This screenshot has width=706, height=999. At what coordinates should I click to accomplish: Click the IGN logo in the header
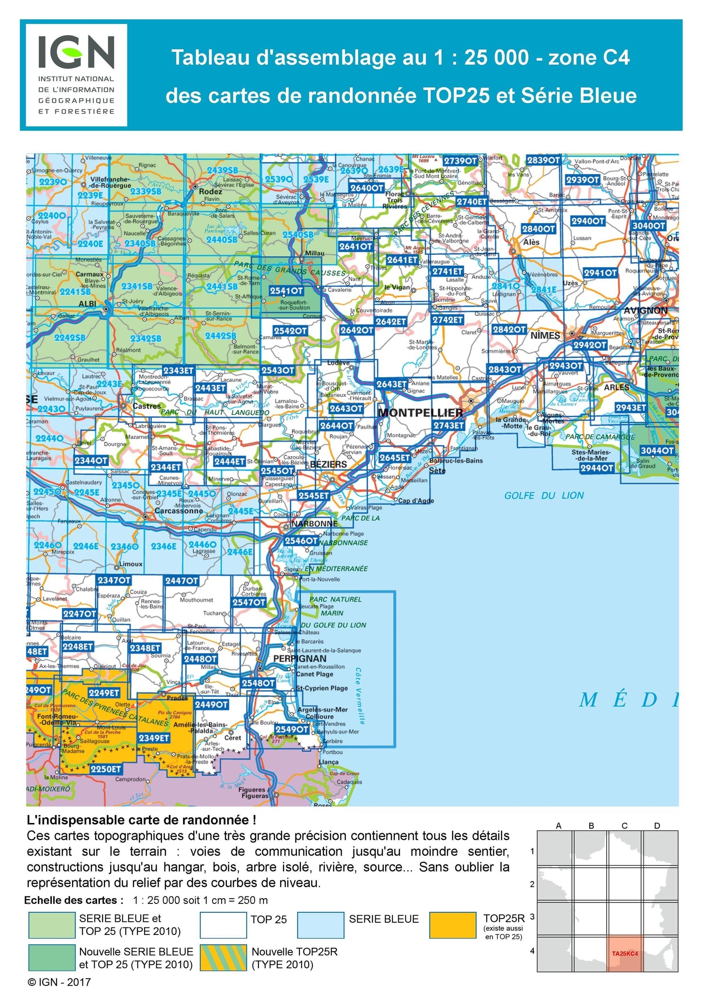coord(76,75)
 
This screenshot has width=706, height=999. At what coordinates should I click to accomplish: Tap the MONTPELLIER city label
coord(420,413)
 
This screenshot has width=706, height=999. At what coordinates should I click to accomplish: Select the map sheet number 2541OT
coord(286,291)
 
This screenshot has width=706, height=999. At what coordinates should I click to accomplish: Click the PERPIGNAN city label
coord(300,658)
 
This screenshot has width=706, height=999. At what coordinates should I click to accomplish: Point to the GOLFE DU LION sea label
coord(544,495)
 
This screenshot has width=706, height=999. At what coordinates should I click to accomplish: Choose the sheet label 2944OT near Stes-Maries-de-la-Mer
coord(596,467)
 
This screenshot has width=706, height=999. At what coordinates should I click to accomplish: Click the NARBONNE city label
coord(314,524)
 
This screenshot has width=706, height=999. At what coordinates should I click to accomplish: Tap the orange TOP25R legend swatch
coord(452,925)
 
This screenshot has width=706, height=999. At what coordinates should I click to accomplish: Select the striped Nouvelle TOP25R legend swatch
coord(223,958)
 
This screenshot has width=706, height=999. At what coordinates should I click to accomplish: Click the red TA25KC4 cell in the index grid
coord(625,953)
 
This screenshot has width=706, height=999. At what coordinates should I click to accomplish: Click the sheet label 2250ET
coord(105,769)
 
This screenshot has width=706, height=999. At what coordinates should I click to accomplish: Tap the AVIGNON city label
coord(645,311)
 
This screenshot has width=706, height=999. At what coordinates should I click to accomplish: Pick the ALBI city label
coord(87,304)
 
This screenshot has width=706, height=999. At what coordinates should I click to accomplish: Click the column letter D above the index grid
coord(657,826)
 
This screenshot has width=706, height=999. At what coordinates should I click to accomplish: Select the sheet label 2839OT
coord(543,161)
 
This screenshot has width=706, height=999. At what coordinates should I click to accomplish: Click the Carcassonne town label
coord(179,511)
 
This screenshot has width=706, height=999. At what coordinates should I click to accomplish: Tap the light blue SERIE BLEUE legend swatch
coord(321,925)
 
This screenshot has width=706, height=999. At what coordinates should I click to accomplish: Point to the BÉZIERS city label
coord(329,465)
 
